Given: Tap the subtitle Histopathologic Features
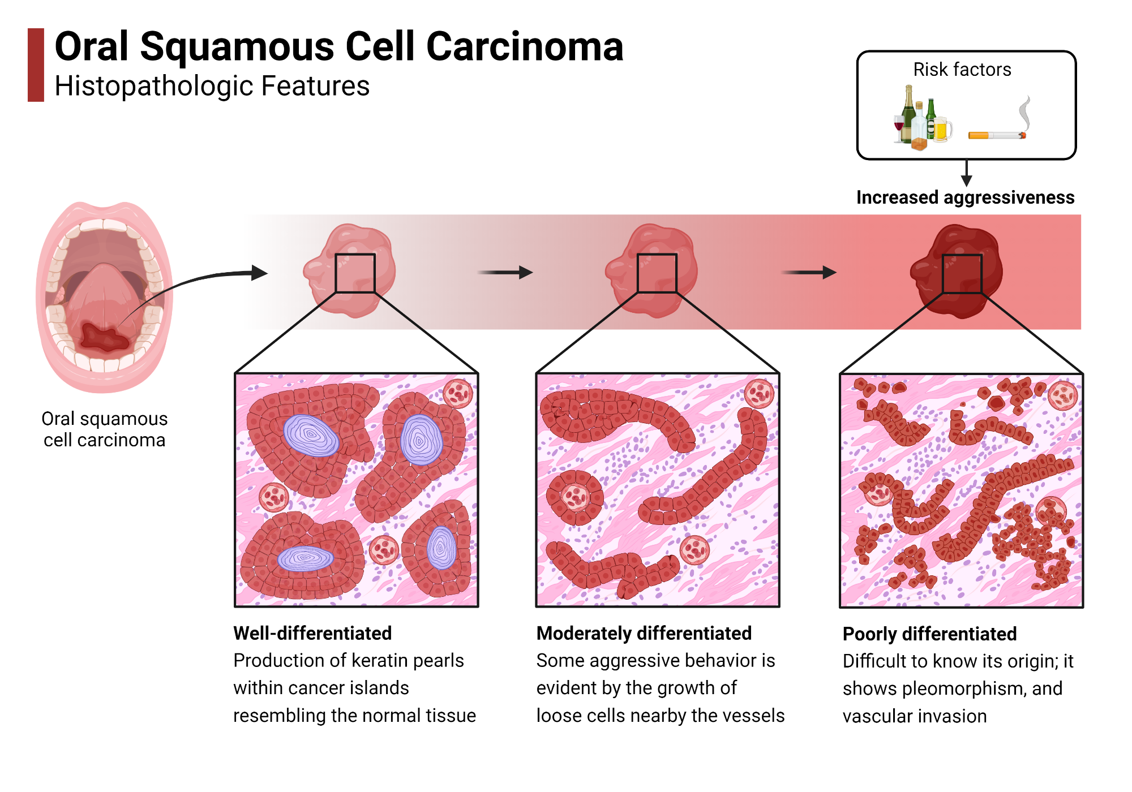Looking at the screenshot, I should point(212,87).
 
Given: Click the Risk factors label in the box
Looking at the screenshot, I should point(962,70).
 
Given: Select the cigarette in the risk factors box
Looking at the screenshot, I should point(996,135).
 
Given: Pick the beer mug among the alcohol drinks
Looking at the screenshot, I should point(942,130).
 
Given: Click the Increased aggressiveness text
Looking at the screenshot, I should point(965,197).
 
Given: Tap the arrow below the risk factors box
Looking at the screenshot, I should point(967,173).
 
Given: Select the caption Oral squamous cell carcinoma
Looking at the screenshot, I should point(105,429).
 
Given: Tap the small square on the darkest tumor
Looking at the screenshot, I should point(962,274).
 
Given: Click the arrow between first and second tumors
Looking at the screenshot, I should point(505,273).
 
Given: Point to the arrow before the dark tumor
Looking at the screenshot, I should point(809,273).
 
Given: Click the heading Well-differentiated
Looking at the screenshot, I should point(312,633).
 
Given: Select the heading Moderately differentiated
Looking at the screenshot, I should point(644,633).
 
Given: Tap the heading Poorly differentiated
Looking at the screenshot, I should point(929,634).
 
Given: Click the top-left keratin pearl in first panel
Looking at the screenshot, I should point(310,436).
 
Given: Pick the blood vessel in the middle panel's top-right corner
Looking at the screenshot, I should point(758,394).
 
